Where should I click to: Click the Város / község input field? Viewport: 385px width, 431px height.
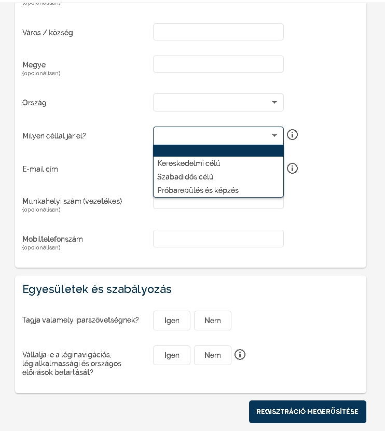coord(218,32)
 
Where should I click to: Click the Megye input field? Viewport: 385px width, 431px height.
coord(218,64)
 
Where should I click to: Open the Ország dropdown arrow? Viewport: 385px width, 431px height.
coord(274,102)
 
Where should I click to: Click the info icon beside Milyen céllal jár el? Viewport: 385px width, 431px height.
coord(293,135)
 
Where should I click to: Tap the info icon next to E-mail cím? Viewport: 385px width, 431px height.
coord(293,169)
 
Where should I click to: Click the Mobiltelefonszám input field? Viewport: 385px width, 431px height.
coord(218,239)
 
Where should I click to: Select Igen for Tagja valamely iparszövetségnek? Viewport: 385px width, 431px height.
coord(172,321)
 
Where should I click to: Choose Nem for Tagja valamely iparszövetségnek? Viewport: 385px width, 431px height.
coord(213,321)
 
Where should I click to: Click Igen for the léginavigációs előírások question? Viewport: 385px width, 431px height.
coord(172,355)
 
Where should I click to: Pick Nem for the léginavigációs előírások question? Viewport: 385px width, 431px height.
coord(213,355)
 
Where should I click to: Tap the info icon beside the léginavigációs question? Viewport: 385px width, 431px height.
coord(240,355)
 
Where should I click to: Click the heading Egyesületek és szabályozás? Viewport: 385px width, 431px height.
coord(97,289)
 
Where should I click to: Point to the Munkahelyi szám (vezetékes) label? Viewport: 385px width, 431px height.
coord(72,201)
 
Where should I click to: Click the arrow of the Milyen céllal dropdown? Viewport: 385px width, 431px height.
coord(274,135)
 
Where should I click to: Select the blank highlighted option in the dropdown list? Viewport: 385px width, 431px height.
coord(218,150)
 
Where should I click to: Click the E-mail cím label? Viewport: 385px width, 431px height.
coord(39,169)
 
